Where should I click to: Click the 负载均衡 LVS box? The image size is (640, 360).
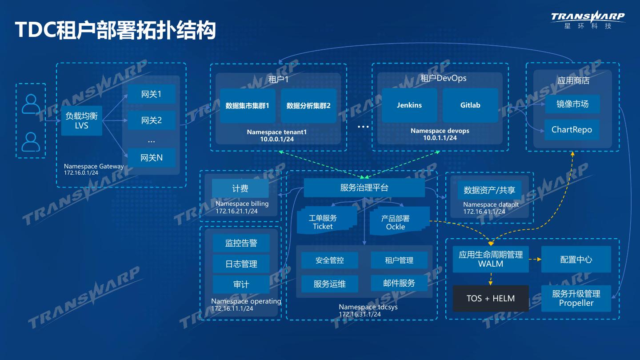[x=82, y=121]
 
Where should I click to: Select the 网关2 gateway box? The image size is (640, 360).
[x=151, y=120]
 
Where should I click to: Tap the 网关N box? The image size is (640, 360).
[x=151, y=158]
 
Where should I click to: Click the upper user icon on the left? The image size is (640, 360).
[x=31, y=104]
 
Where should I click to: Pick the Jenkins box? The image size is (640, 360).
[x=409, y=105]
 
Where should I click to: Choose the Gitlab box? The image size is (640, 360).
[x=470, y=105]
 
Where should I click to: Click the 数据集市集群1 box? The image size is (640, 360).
[x=248, y=106]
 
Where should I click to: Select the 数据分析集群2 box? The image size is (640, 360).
[x=308, y=106]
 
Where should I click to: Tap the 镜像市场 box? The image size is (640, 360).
[x=572, y=104]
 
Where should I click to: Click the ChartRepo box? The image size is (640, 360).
[x=572, y=130]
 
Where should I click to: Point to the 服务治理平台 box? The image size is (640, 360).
[x=364, y=188]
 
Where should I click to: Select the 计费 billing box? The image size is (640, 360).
[x=240, y=188]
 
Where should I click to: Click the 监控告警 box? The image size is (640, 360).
[x=241, y=243]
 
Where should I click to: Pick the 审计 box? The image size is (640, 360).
[x=241, y=284]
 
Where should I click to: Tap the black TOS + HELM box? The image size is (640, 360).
[x=491, y=298]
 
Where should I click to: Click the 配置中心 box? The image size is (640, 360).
[x=576, y=260]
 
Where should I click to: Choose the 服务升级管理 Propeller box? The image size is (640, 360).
[x=576, y=298]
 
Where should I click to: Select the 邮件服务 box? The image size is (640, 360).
[x=399, y=283]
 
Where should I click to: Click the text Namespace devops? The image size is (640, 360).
[x=440, y=131]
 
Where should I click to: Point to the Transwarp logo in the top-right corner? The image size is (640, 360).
[x=588, y=20]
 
